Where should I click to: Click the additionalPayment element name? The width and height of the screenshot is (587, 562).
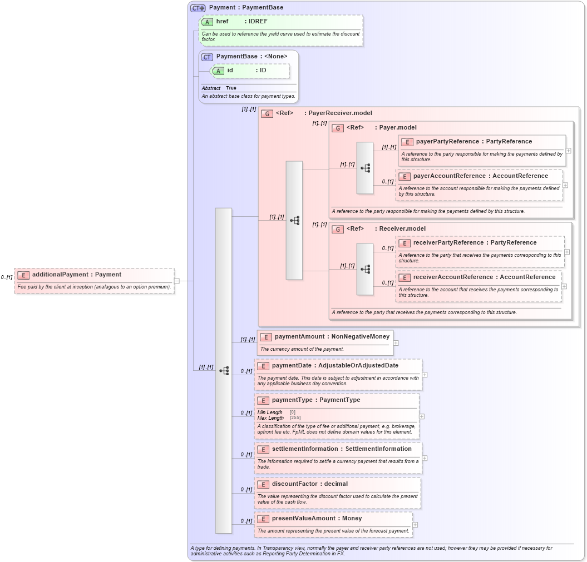click(x=60, y=275)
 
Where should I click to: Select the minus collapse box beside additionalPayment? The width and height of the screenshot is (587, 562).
click(x=177, y=281)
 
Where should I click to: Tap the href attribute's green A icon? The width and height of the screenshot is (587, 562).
click(x=207, y=22)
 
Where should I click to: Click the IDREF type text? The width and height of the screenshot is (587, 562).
click(x=258, y=22)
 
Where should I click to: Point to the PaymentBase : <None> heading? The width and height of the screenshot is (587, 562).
click(x=251, y=57)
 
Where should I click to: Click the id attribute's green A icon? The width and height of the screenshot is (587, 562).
click(x=218, y=71)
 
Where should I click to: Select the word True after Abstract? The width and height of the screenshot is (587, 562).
click(x=231, y=88)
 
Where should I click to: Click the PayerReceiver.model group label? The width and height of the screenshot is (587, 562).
click(x=340, y=113)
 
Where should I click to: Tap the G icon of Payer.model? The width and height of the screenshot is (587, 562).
click(x=338, y=128)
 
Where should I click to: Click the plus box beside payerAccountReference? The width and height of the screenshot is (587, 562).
click(x=565, y=185)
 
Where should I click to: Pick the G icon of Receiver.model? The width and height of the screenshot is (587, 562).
click(x=338, y=229)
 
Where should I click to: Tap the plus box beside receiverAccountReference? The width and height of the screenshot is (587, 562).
click(x=564, y=286)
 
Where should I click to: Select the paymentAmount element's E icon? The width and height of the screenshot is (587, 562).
click(x=266, y=337)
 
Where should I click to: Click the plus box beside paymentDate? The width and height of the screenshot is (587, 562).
click(x=425, y=375)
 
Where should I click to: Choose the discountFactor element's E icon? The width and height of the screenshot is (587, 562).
click(x=263, y=484)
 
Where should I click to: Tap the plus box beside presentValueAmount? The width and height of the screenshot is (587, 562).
click(x=415, y=525)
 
